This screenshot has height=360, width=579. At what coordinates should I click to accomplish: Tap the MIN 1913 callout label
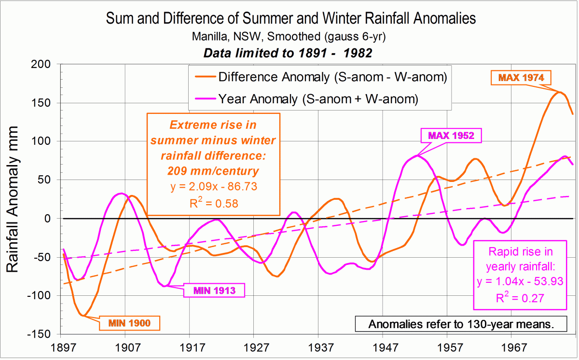(214, 290)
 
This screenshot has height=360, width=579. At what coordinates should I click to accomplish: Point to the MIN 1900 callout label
(129, 322)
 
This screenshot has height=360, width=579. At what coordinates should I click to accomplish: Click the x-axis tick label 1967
(513, 347)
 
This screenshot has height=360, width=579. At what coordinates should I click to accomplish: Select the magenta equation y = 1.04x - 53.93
(520, 281)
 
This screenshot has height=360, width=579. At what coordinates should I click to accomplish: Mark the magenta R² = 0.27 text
(520, 298)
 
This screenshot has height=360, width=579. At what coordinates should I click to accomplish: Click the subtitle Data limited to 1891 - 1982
(288, 53)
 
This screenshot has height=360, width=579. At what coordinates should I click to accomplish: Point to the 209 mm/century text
(213, 171)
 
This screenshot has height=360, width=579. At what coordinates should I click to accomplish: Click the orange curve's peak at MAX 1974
(560, 92)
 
